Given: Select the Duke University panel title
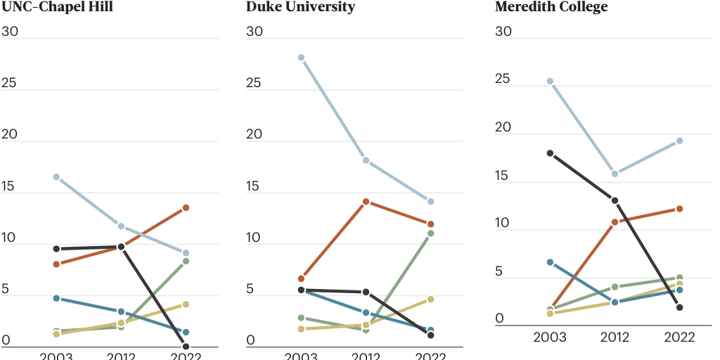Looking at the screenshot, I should tap(300, 7).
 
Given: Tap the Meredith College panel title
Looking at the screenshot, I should tap(551, 7).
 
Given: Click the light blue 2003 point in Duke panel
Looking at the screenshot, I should tap(301, 58).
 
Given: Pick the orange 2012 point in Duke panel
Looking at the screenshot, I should tap(366, 202).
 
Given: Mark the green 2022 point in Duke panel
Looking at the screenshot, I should tap(430, 233).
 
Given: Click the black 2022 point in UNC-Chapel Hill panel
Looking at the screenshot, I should tap(186, 346).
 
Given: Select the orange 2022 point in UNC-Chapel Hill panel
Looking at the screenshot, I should tap(186, 208).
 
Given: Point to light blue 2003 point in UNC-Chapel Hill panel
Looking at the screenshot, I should tap(56, 177).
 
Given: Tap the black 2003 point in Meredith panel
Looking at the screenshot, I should tap(550, 153).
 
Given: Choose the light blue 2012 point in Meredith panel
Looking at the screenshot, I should tap(615, 174).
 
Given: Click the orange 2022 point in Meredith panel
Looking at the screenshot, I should tap(679, 209).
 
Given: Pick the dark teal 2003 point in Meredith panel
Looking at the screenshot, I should tap(550, 262).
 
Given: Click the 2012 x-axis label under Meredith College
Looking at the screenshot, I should tap(615, 337).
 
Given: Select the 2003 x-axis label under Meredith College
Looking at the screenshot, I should tap(550, 337).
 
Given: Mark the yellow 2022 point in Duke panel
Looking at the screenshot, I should tap(430, 300).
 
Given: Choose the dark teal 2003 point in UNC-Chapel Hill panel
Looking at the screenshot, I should tap(56, 299).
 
